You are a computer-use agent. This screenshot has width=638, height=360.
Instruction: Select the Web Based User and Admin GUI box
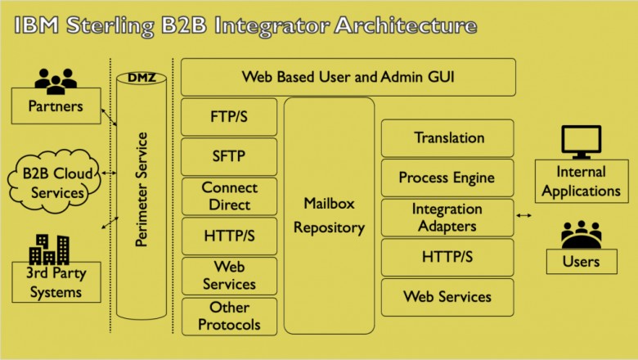348,78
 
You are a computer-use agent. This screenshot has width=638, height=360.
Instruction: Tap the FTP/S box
229,117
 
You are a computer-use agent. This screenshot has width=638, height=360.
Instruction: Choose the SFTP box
229,156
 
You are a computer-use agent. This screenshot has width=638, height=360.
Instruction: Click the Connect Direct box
229,196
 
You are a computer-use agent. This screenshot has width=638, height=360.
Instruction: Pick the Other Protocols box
229,316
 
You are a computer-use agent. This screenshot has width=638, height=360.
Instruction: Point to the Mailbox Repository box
328,215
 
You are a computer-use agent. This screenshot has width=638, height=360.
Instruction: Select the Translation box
448,137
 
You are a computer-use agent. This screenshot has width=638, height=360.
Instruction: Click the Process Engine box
448,178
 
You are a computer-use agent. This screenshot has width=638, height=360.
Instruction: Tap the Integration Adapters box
448,217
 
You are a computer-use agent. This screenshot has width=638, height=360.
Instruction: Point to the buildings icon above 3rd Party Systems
51,247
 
